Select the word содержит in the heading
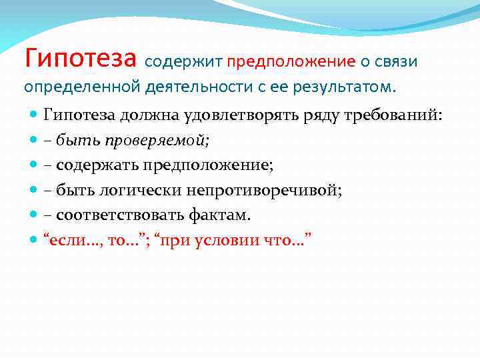pos(181,62)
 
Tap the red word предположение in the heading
pos(291,62)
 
